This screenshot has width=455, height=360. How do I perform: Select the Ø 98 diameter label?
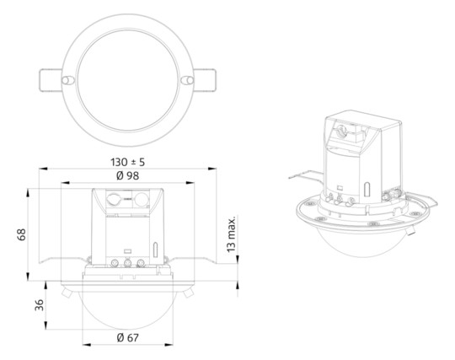coord(127,176)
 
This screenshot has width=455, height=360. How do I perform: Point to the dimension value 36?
coord(38,305)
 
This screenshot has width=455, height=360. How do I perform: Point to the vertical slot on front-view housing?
coord(156,250)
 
